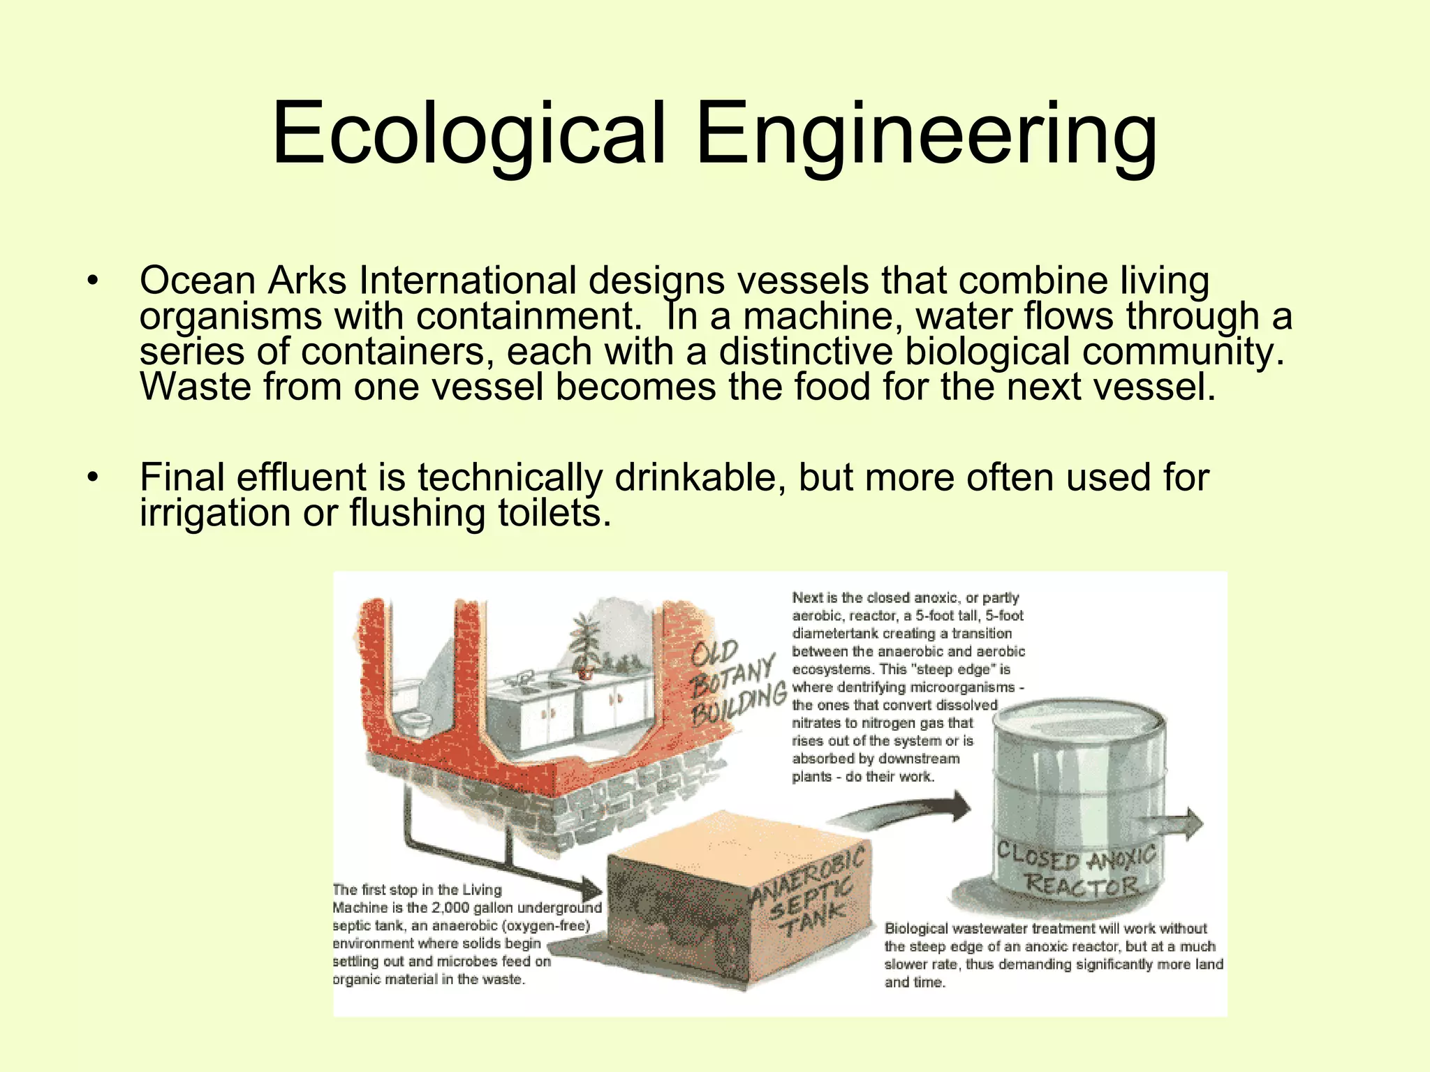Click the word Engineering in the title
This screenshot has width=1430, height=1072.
point(926,134)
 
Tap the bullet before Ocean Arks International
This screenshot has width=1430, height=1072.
point(92,282)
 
